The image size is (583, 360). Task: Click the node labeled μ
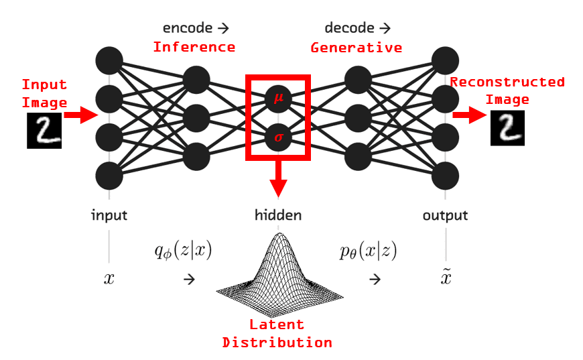click(x=278, y=99)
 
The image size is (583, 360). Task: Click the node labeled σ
click(x=278, y=138)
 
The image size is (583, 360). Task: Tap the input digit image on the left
click(x=44, y=130)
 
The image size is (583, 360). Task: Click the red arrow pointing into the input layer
click(x=80, y=115)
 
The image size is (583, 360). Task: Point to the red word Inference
click(x=194, y=47)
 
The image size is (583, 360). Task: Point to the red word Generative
click(x=356, y=48)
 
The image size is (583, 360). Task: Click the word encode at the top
click(x=188, y=28)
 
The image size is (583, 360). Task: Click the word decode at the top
click(x=348, y=28)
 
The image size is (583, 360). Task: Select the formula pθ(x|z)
click(x=368, y=251)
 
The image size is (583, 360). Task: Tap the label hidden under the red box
click(x=277, y=215)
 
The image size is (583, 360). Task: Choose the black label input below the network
click(x=109, y=215)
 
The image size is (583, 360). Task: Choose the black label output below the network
click(x=445, y=215)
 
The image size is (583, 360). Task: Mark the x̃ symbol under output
click(x=445, y=278)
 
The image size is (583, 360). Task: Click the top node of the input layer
click(x=109, y=61)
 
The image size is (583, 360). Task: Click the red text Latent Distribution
click(x=277, y=334)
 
